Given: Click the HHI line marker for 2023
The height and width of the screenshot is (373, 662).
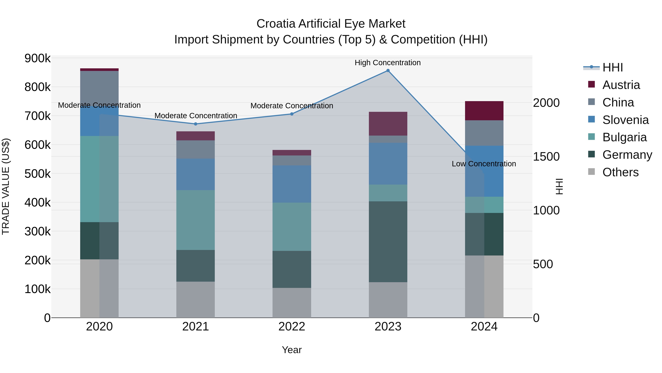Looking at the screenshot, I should pyautogui.click(x=388, y=71).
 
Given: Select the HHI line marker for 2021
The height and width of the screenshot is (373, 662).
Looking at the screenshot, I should pyautogui.click(x=196, y=124).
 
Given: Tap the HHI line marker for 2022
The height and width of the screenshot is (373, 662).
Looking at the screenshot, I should pyautogui.click(x=292, y=114).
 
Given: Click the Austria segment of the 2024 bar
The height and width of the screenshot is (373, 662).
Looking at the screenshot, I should pyautogui.click(x=484, y=111).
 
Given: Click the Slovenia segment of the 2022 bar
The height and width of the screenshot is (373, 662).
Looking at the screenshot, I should pyautogui.click(x=292, y=184).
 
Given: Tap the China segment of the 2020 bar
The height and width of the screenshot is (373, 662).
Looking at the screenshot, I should pyautogui.click(x=99, y=87).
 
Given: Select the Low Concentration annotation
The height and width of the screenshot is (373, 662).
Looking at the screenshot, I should pyautogui.click(x=484, y=164).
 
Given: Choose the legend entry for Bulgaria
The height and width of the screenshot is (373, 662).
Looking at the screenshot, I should pyautogui.click(x=624, y=137).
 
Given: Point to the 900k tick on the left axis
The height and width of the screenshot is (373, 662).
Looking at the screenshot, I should pyautogui.click(x=38, y=58).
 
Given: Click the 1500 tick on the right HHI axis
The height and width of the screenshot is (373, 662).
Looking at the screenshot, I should pyautogui.click(x=546, y=157).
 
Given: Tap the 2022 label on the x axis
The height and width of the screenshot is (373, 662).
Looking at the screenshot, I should pyautogui.click(x=292, y=327).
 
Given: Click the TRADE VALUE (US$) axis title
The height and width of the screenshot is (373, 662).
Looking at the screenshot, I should pyautogui.click(x=6, y=186).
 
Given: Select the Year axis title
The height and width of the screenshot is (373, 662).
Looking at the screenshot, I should pyautogui.click(x=292, y=350).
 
